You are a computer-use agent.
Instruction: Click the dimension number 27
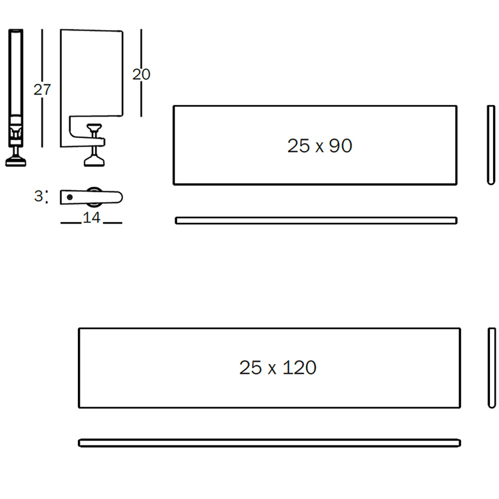coord(42,89)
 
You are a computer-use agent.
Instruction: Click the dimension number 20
coord(141,74)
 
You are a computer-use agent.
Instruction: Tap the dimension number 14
coord(92,218)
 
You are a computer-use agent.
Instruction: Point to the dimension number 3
coord(38,196)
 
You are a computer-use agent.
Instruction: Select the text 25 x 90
coord(319,146)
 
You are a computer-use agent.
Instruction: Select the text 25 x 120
coord(277,368)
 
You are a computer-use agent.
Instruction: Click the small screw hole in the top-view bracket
coord(70,197)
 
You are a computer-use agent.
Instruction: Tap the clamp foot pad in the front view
coord(94,161)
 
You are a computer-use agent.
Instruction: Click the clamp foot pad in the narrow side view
coord(15,161)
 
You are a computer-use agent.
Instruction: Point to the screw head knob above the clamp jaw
coord(94,127)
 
